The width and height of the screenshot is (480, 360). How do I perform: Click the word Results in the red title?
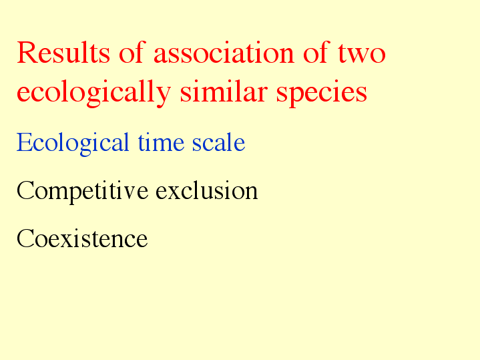(x=63, y=53)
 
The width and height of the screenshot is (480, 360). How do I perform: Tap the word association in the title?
(x=224, y=52)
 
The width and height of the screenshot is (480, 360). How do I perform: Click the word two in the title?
(x=362, y=53)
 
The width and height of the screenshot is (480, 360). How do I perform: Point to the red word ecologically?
(x=93, y=92)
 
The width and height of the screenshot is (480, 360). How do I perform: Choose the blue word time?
(x=161, y=142)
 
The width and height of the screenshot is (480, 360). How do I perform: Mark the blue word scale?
(x=218, y=142)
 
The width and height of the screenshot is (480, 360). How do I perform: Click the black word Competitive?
(x=83, y=191)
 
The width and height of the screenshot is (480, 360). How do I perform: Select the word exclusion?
(x=207, y=190)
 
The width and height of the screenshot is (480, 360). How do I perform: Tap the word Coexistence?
(x=82, y=238)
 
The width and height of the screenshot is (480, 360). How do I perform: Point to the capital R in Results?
(x=26, y=53)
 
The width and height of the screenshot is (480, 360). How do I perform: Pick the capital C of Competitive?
(x=25, y=190)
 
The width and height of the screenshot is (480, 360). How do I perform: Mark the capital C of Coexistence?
(x=25, y=238)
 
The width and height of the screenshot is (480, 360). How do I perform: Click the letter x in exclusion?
(x=177, y=193)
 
